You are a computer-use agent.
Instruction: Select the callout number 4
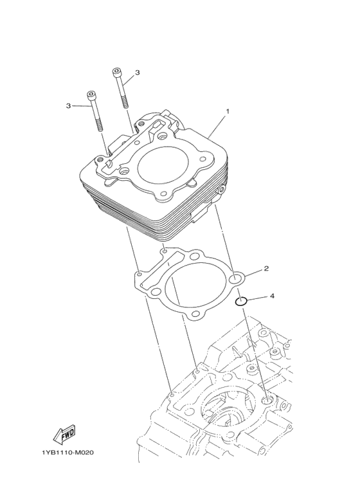[x=272, y=296]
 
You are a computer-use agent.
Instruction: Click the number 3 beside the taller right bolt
[x=138, y=73]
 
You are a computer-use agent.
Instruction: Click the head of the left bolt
[x=93, y=96]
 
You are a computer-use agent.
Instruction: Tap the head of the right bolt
[x=117, y=71]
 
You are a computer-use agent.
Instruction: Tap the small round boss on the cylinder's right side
[x=221, y=190]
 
